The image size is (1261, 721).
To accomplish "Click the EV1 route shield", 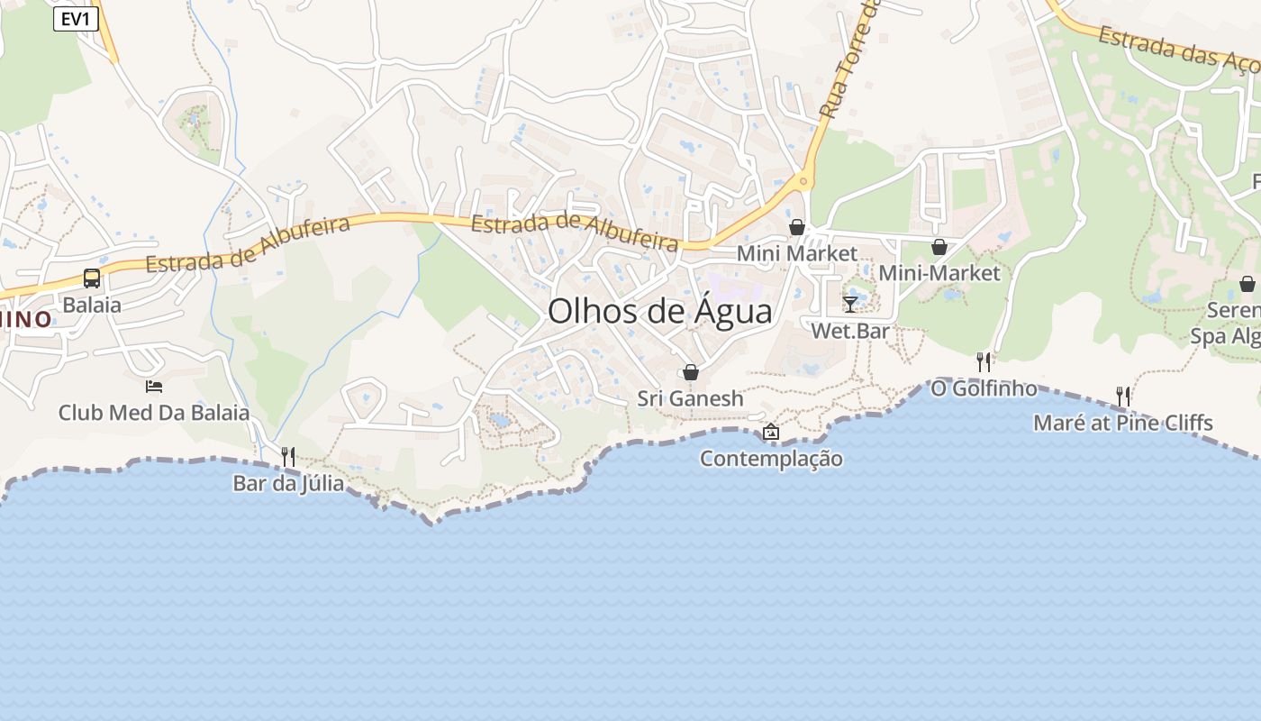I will pyautogui.click(x=76, y=19).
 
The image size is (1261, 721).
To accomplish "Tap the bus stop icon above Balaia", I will pyautogui.click(x=92, y=278).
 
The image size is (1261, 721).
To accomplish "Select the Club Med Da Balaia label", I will pyautogui.click(x=154, y=413).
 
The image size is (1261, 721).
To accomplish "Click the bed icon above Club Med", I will pyautogui.click(x=154, y=387).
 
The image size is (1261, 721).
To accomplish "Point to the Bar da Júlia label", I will pyautogui.click(x=288, y=483).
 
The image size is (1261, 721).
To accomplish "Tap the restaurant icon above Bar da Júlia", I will pyautogui.click(x=288, y=457).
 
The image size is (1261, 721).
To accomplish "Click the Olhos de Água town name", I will pyautogui.click(x=659, y=312).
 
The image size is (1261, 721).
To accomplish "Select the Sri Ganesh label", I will pyautogui.click(x=690, y=398).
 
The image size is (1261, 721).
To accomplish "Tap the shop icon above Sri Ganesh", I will pyautogui.click(x=691, y=372).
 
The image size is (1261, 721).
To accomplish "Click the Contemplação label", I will pyautogui.click(x=771, y=459).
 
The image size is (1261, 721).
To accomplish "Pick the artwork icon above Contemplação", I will pyautogui.click(x=771, y=433).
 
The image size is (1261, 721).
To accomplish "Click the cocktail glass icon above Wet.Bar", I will pyautogui.click(x=850, y=305).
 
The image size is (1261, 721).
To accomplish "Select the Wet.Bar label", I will pyautogui.click(x=850, y=331).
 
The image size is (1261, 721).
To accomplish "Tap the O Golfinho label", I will pyautogui.click(x=984, y=388).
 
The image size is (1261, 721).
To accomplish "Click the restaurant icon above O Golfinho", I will pyautogui.click(x=984, y=362).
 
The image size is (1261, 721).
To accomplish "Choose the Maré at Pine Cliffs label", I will pyautogui.click(x=1122, y=423).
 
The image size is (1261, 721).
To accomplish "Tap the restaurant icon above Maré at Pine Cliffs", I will pyautogui.click(x=1123, y=396).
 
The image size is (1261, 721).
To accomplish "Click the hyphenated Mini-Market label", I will pyautogui.click(x=939, y=273).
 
